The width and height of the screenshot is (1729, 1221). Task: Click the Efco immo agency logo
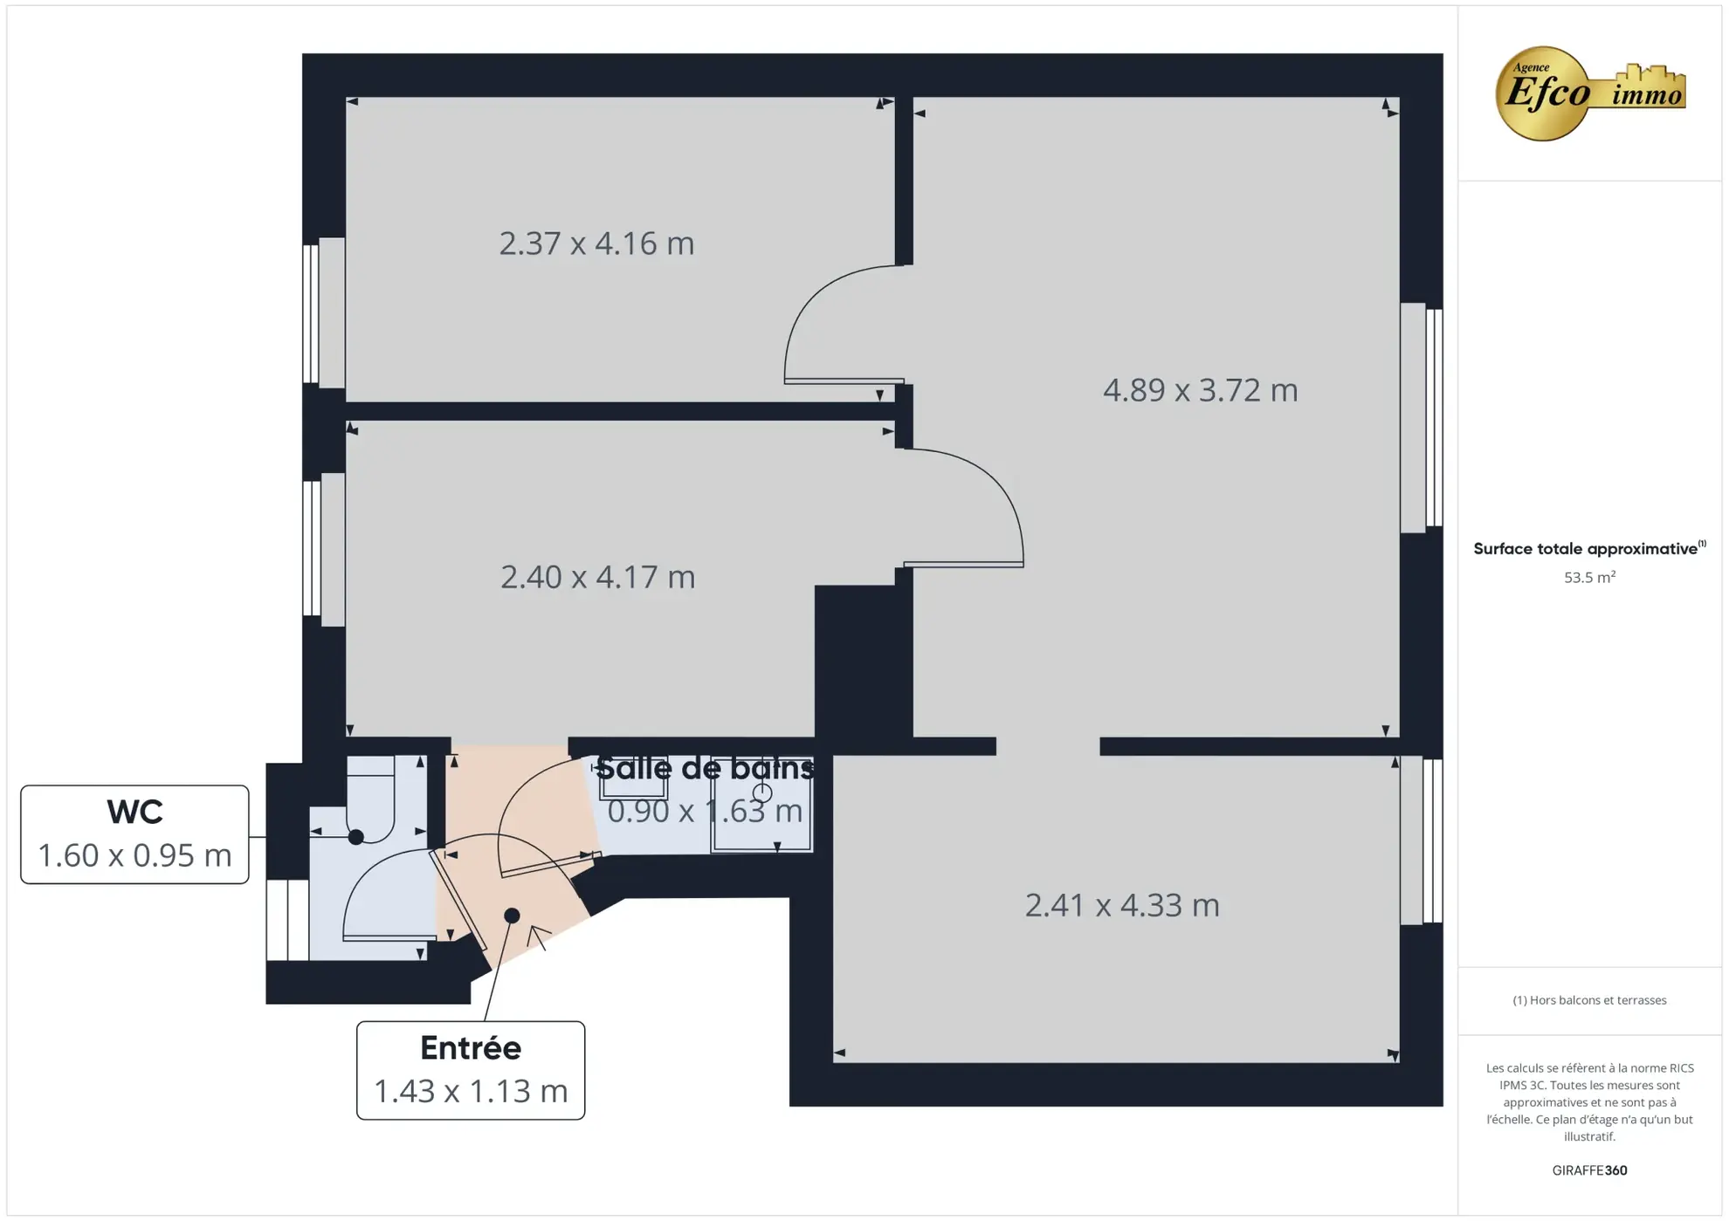coord(1589,93)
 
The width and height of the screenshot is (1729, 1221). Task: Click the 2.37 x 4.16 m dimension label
coord(596,244)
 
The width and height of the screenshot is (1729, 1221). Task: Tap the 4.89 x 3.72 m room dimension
coord(1200,390)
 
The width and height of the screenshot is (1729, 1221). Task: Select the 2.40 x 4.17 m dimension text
coord(597,577)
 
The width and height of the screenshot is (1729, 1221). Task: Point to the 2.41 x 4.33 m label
coord(1121,905)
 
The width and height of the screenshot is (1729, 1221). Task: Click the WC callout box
coord(134,834)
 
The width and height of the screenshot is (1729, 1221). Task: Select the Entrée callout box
coord(471,1070)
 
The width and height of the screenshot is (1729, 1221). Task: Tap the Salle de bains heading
coord(705,768)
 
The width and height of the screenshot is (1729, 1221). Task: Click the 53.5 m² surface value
coord(1588,578)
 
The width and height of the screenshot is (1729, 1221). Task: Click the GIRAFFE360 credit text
coord(1588,1170)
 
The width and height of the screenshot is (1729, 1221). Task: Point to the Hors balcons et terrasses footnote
coord(1588,1000)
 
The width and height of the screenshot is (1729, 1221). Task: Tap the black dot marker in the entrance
coord(513,916)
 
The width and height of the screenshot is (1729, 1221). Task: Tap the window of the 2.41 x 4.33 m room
coord(1421,841)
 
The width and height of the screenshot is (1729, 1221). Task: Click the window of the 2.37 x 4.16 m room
coord(323,312)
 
